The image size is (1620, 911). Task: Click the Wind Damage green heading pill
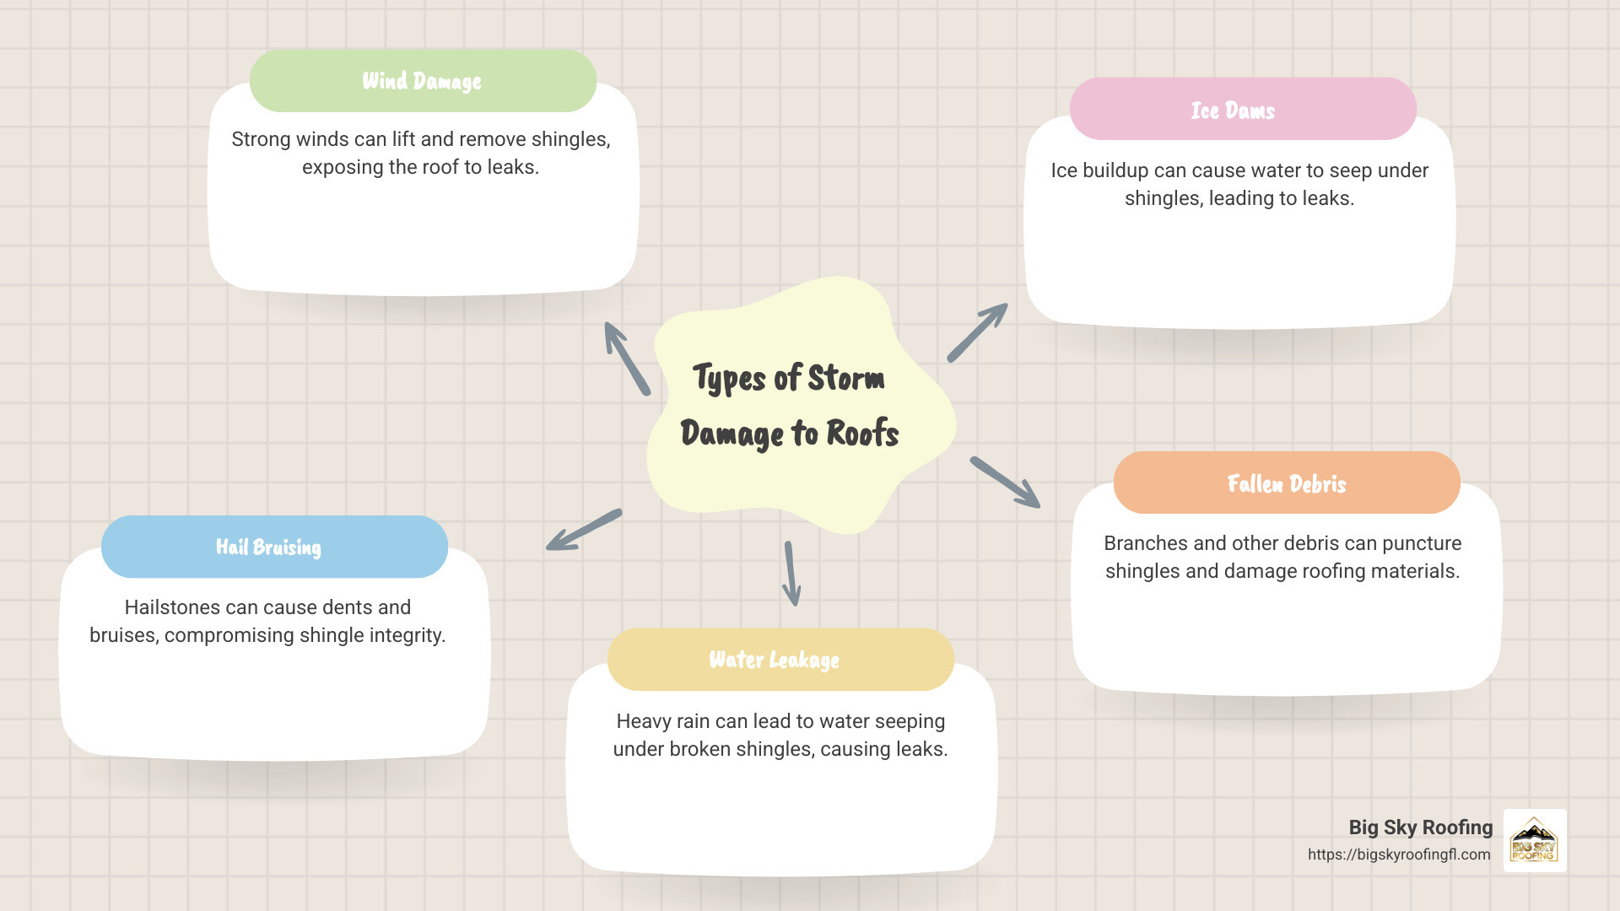click(423, 81)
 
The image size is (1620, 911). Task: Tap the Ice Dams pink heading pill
click(1242, 110)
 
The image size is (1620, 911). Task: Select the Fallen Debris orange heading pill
click(1287, 483)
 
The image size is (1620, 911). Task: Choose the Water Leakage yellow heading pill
click(780, 660)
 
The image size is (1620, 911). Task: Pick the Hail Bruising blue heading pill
click(274, 547)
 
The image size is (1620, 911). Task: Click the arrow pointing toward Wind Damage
click(626, 358)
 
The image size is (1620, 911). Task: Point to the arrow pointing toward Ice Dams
click(977, 332)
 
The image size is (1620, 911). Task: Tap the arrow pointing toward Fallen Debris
click(1005, 482)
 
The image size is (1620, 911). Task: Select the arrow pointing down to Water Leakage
click(791, 574)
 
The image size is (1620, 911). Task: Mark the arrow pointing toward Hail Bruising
click(584, 531)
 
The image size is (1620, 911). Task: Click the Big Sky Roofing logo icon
click(1534, 840)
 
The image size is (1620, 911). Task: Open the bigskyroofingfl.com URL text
click(1399, 854)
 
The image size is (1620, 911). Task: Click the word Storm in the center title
click(846, 378)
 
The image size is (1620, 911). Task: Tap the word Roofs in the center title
click(861, 434)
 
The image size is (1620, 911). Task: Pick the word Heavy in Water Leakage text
click(643, 721)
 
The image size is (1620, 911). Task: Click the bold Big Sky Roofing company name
click(1420, 827)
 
